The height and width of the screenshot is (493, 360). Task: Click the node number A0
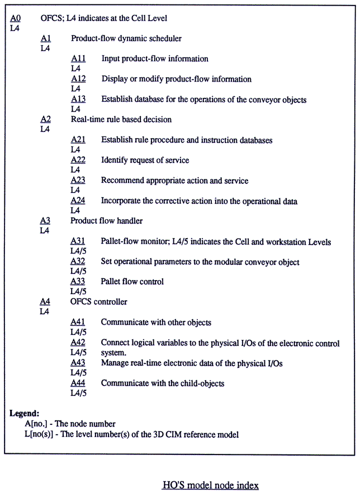[x=16, y=18]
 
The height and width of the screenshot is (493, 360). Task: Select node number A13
[x=78, y=99]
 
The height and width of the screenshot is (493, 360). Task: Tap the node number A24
[x=78, y=201]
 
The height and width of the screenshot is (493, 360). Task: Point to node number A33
[x=78, y=282]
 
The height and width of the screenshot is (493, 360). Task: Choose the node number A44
[x=78, y=383]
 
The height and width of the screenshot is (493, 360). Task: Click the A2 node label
[x=46, y=119]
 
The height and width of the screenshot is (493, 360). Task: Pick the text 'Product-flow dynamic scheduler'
[x=126, y=39]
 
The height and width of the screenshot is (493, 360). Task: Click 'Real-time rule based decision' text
[x=121, y=119]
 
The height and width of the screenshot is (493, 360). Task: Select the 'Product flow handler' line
[x=107, y=221]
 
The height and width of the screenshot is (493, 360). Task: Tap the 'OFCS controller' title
[x=99, y=302]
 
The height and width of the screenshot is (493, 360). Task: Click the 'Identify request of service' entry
[x=145, y=160]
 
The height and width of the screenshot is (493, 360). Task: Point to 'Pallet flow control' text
[x=132, y=282]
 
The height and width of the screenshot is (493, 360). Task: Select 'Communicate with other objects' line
[x=156, y=323]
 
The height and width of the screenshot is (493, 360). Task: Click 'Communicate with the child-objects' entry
[x=163, y=383]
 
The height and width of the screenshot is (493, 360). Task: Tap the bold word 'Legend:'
[x=25, y=414]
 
